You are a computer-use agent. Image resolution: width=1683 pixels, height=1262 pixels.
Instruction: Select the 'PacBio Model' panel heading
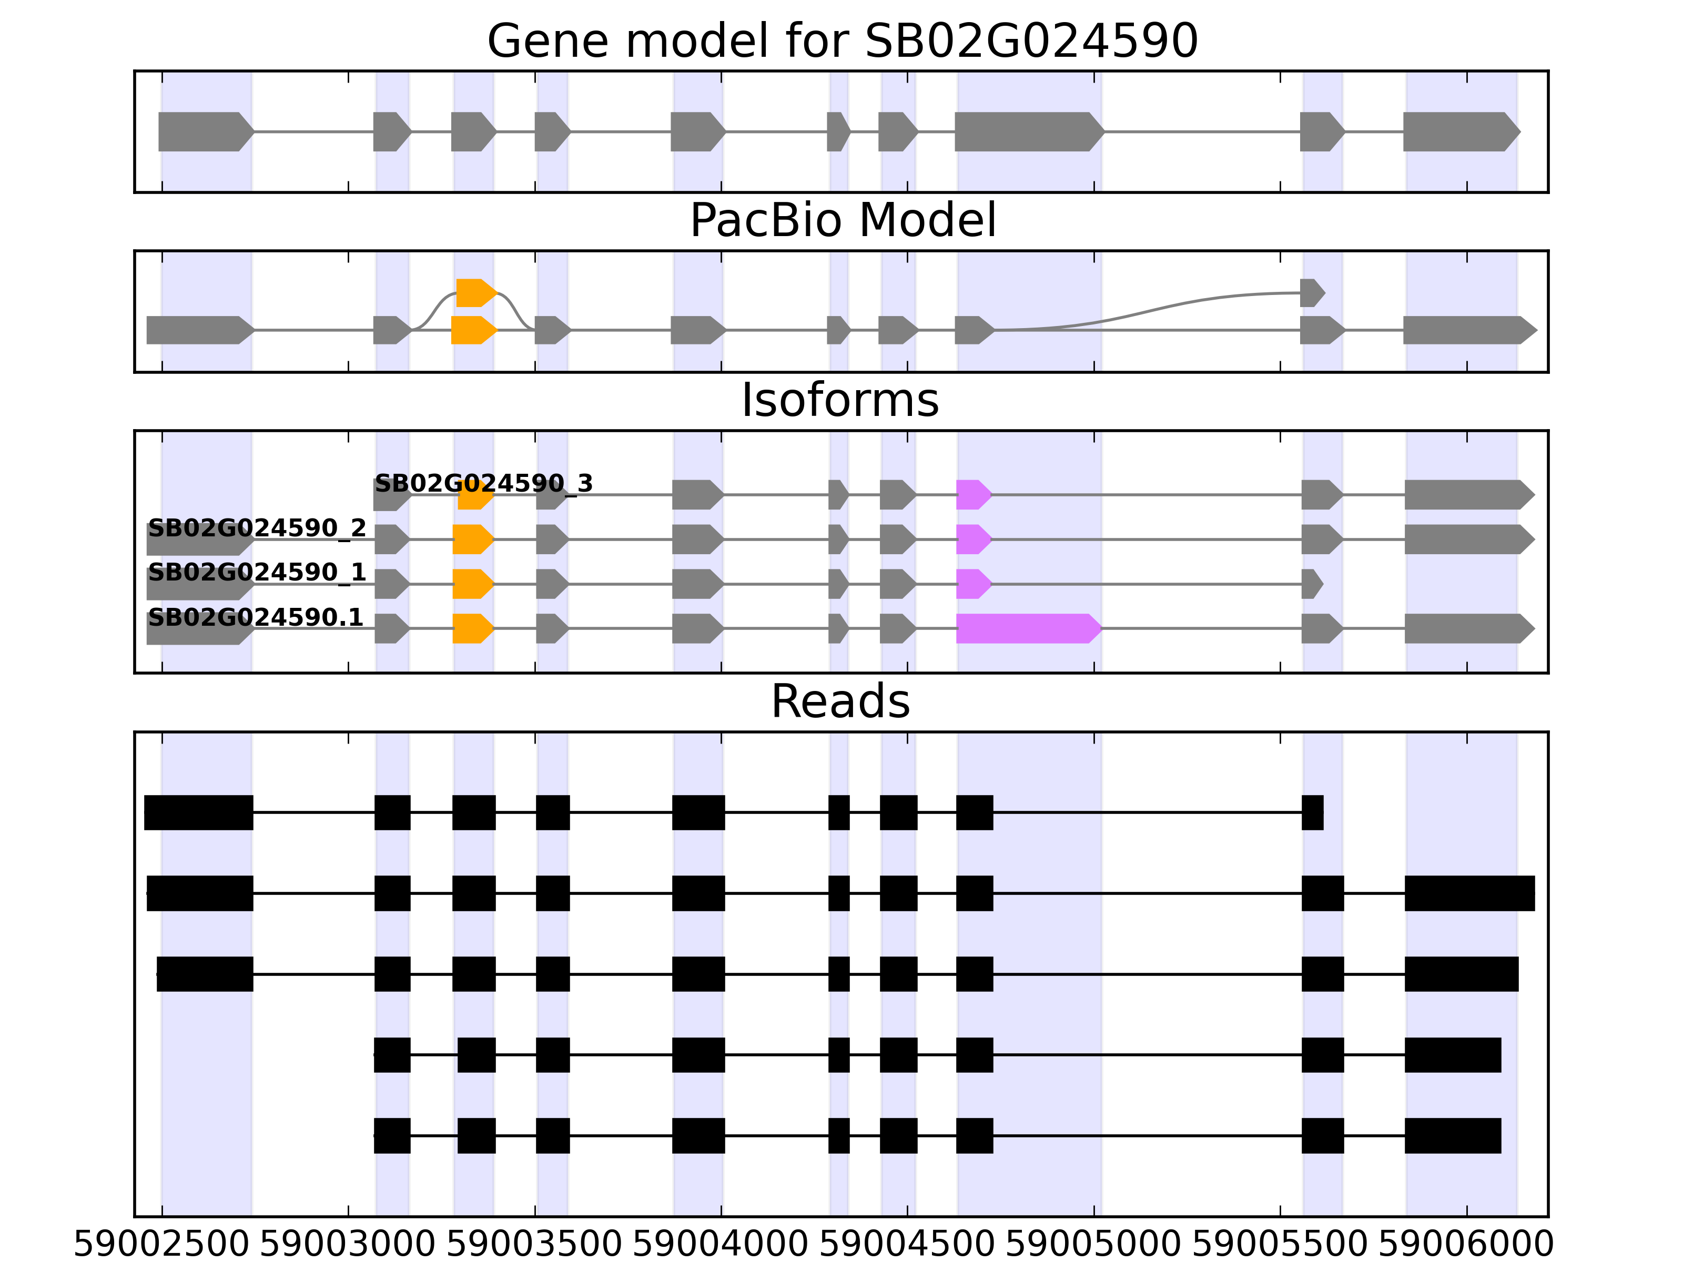pos(842,221)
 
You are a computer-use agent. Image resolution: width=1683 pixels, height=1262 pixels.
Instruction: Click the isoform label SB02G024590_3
pos(483,484)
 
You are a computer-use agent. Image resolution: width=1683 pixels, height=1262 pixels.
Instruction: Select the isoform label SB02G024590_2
pos(257,528)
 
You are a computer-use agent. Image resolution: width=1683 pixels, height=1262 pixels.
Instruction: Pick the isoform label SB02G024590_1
pos(257,572)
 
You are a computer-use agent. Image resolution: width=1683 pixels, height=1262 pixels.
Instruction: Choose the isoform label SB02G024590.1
pos(255,617)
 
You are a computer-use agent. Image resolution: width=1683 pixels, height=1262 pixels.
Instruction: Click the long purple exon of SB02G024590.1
pos(1027,628)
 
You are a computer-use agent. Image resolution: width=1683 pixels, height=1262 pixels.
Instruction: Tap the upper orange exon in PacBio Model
pos(475,293)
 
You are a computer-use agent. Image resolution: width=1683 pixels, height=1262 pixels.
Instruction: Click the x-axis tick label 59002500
pos(161,1245)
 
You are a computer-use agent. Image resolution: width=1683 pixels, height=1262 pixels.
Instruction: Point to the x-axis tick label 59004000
pos(721,1245)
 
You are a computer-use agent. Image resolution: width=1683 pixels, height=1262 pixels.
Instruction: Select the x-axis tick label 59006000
pos(1466,1245)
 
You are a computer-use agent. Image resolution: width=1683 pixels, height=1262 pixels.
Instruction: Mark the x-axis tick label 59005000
pos(1093,1245)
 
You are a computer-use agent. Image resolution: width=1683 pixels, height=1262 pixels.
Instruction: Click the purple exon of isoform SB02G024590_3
pos(973,495)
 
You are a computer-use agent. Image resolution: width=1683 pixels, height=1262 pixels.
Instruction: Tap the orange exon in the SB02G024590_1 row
pos(472,584)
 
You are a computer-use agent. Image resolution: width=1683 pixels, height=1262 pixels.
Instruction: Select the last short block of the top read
pos(1312,812)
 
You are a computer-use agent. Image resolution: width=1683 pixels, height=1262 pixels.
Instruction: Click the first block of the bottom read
pos(392,1136)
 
